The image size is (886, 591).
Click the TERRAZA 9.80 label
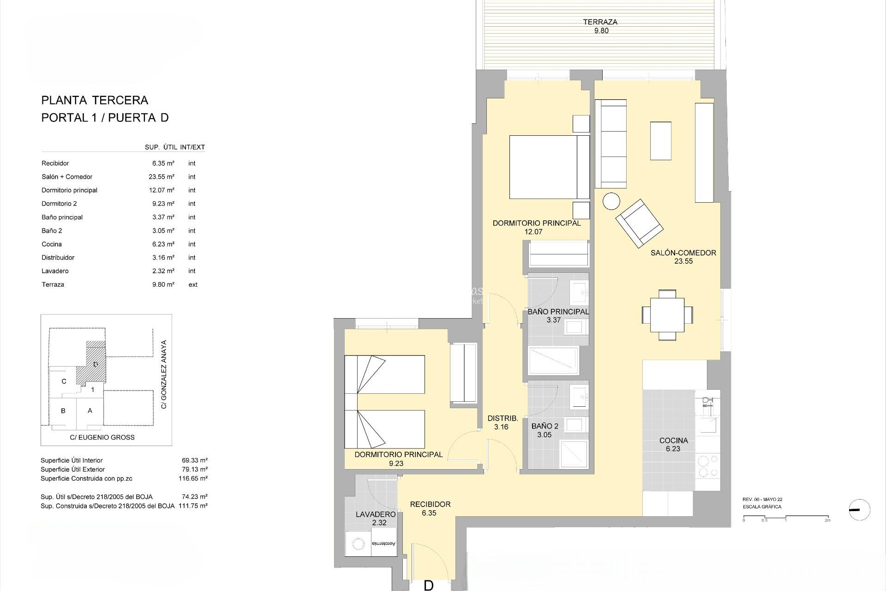point(600,26)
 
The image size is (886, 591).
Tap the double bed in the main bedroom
point(549,167)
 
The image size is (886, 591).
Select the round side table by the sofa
point(611,201)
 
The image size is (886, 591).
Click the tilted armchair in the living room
point(640,223)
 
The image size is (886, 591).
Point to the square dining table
point(667,314)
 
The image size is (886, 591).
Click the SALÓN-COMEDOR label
point(683,257)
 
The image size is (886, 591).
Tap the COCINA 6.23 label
point(673,444)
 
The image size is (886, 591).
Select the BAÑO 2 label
point(545,430)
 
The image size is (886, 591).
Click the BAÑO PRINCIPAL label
point(558,315)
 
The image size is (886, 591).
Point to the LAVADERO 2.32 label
point(376,518)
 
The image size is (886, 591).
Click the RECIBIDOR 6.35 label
point(430,508)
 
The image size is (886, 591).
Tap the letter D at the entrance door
point(428,585)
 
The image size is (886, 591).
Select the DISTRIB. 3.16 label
point(503,422)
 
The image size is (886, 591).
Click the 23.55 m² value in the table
point(163,177)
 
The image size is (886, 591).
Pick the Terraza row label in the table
point(53,284)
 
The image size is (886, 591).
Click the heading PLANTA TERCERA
point(95,100)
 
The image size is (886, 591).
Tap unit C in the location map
point(64,381)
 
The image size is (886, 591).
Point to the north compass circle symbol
point(859,510)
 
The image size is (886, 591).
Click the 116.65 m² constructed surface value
point(193,478)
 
